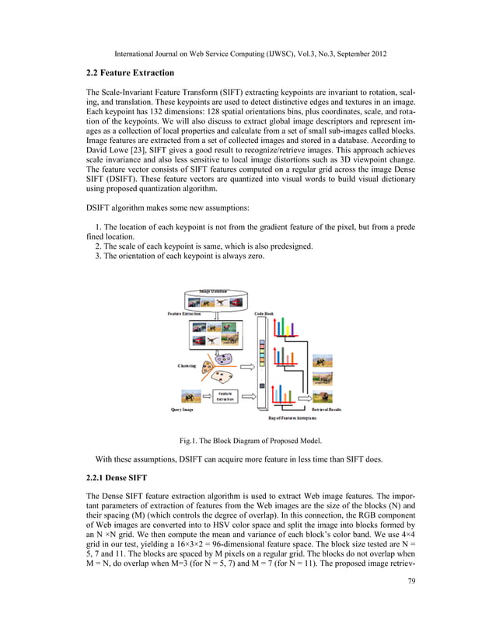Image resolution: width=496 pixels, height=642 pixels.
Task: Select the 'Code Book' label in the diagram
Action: tap(264, 313)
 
